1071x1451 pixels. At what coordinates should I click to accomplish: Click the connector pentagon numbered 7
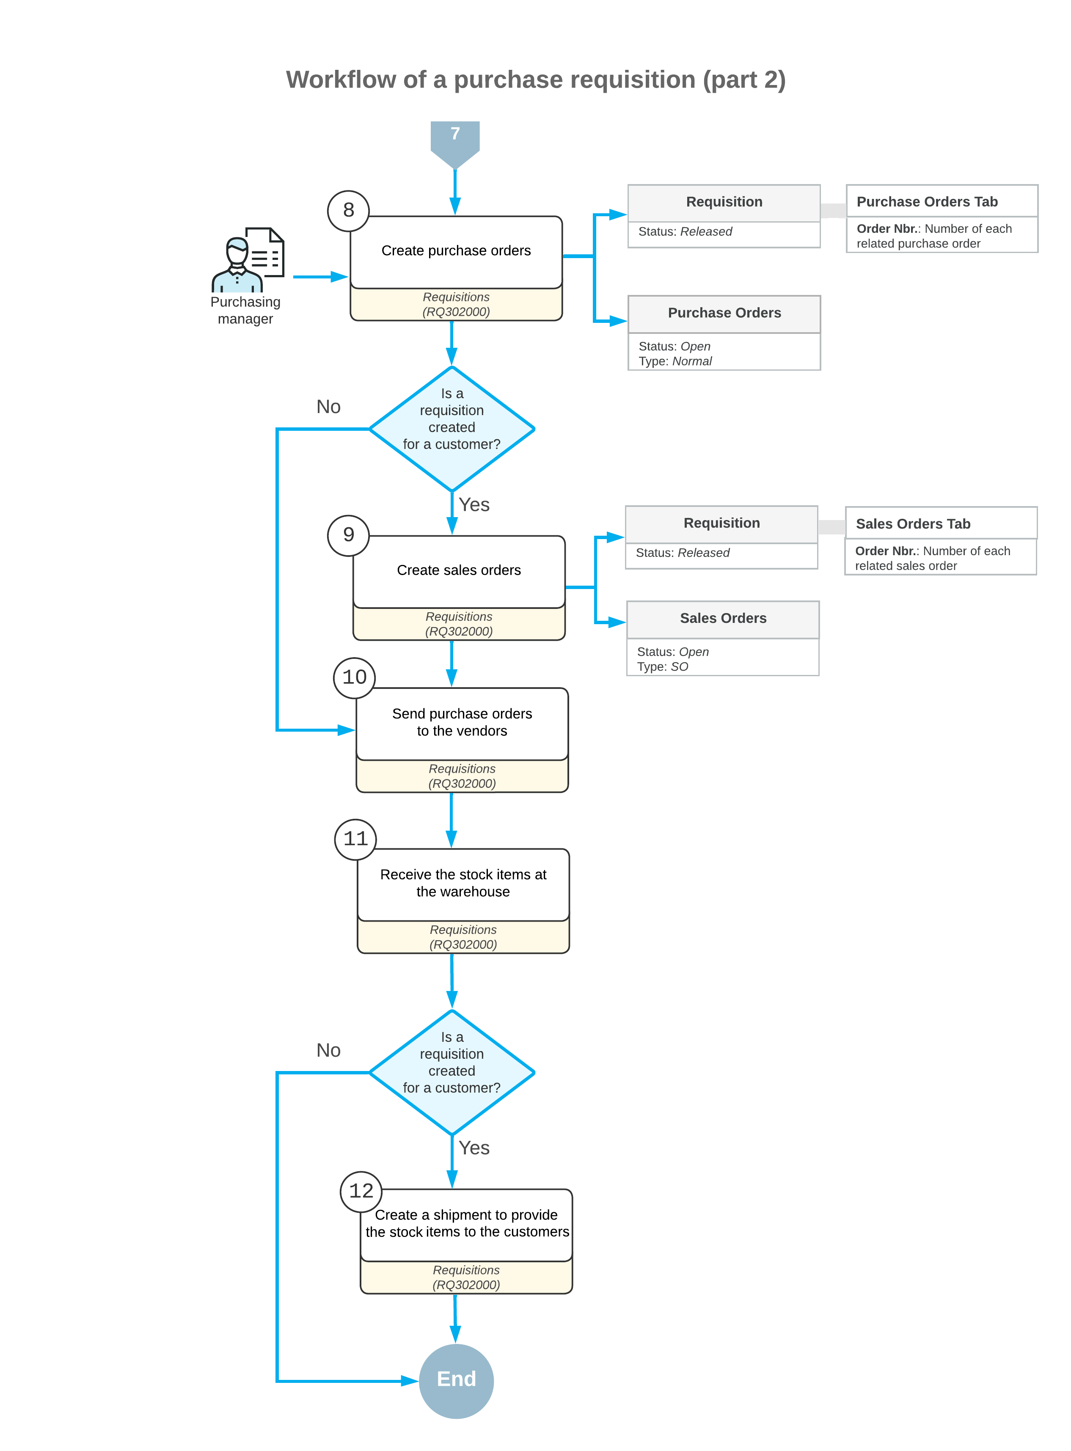[455, 139]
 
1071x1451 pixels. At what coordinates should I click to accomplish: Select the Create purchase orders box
[456, 251]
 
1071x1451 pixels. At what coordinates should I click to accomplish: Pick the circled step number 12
[361, 1191]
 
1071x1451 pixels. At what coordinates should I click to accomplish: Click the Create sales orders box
[458, 570]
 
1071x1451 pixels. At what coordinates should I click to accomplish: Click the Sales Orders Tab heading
[912, 524]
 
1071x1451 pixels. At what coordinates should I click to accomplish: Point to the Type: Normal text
[675, 361]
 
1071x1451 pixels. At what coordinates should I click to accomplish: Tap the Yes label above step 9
[474, 504]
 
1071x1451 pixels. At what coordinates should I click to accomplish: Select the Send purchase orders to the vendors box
[462, 723]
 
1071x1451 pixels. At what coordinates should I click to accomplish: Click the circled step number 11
[355, 839]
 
